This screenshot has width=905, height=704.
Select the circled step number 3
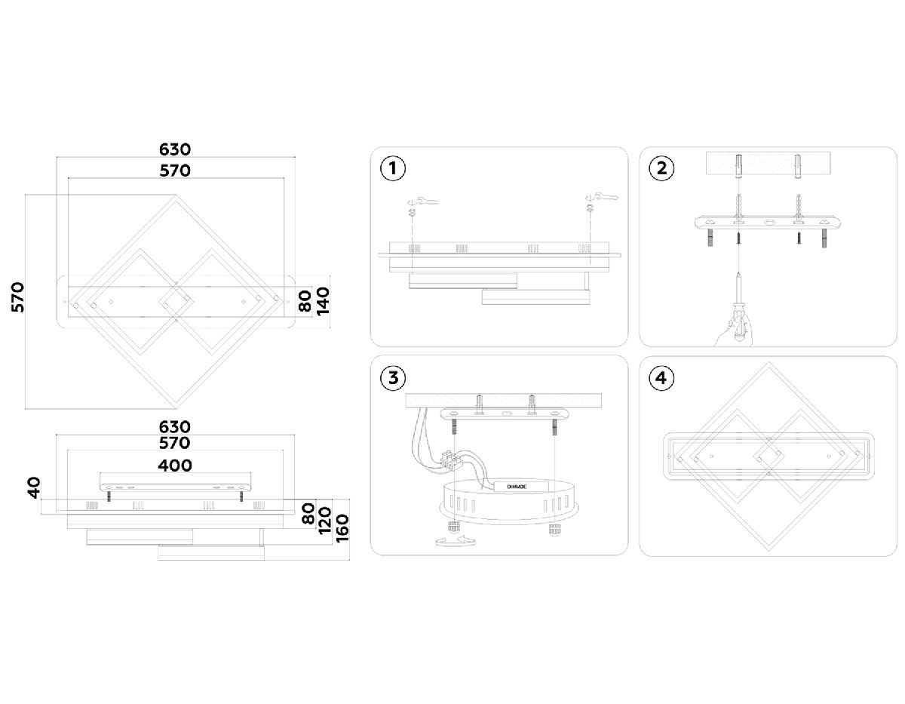[x=391, y=378]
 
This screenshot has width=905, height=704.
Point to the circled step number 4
[x=661, y=378]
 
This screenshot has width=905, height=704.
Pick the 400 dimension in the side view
[x=174, y=465]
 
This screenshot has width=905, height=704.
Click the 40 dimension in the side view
[x=32, y=488]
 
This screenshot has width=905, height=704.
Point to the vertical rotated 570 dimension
[x=19, y=297]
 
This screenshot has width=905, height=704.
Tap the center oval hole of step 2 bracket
[x=768, y=223]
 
